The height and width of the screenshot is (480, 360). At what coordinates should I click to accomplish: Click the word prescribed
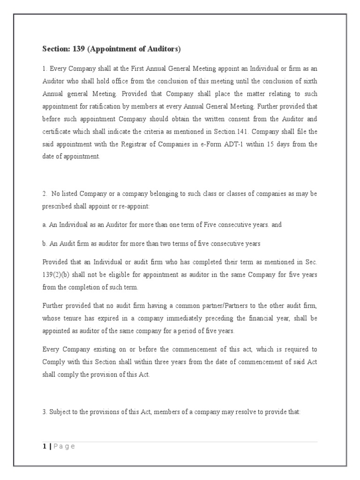[57, 207]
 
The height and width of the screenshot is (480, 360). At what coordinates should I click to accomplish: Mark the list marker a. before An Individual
[45, 225]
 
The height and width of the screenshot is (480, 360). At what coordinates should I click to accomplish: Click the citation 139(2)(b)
[58, 274]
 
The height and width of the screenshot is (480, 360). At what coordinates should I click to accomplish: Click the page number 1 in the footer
[44, 446]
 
